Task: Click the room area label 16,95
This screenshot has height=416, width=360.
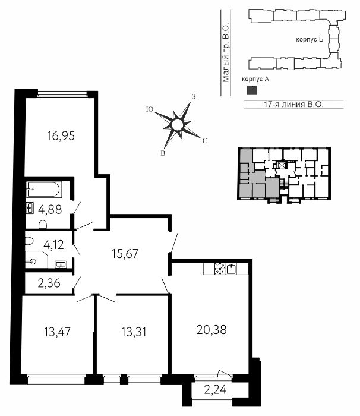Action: pos(61,136)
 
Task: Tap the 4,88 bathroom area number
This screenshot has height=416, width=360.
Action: pos(50,210)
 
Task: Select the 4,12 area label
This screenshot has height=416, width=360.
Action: pos(53,245)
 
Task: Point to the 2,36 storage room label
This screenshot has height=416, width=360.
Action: pos(49,283)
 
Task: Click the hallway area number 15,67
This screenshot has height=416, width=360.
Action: pos(125,254)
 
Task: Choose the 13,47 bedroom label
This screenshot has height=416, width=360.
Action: pos(58,332)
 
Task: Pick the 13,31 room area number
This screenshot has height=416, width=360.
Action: pos(134,332)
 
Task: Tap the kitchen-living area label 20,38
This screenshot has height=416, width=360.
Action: pos(211,330)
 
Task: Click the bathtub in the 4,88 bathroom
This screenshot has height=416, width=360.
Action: pos(45,190)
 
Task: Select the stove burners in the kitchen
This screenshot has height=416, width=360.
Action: pos(220,269)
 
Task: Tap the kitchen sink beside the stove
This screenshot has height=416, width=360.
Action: pos(232,269)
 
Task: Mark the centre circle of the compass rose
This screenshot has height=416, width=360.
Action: pos(177,125)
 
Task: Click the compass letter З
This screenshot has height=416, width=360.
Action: pos(194,97)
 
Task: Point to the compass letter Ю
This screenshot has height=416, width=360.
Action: pos(150,109)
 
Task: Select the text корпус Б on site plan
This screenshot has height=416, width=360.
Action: pos(310,40)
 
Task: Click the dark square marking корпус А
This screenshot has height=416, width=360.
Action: pos(252,90)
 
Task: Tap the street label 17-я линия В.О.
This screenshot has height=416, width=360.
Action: pos(293,104)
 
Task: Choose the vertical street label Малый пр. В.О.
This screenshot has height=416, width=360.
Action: pos(226,53)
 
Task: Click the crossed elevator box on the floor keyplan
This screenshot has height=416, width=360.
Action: pos(281,165)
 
